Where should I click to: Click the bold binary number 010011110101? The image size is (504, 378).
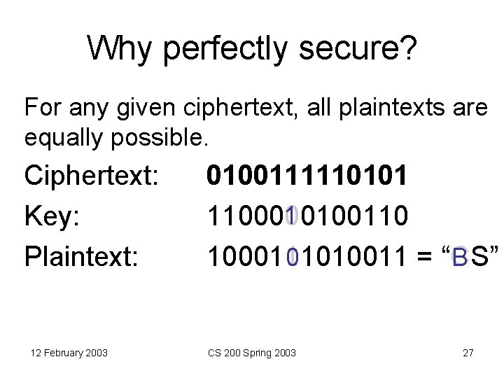[307, 176]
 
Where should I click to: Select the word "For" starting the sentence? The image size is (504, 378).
[41, 108]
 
